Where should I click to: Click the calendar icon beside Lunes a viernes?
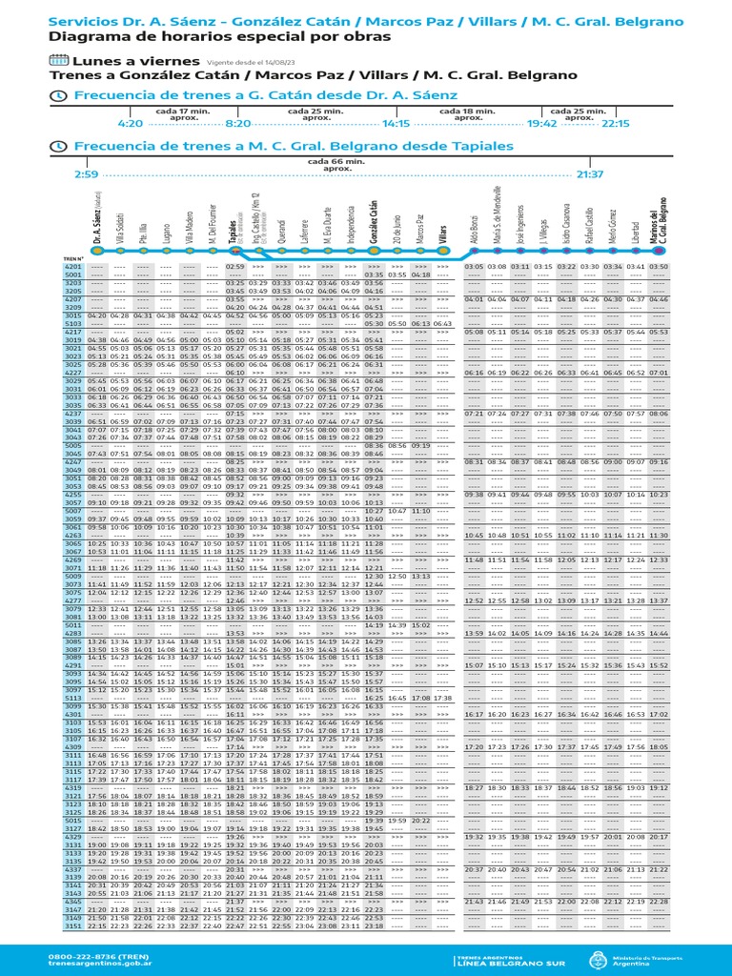pos(57,61)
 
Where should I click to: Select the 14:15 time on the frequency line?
pos(396,123)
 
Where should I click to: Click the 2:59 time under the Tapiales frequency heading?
pos(85,174)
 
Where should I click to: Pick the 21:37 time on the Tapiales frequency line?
pos(591,174)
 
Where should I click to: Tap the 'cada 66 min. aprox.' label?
pos(337,164)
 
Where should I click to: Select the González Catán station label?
pos(374,221)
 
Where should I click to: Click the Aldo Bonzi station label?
pos(474,229)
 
